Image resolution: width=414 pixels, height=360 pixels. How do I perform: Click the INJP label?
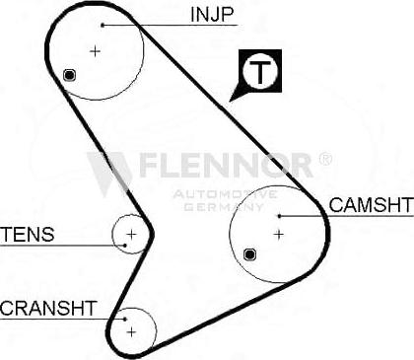coord(211,14)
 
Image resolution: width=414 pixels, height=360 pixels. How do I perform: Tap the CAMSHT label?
coord(370,205)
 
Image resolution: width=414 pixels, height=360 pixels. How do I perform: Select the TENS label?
coord(28,235)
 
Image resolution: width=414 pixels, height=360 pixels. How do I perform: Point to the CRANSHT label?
coord(48,308)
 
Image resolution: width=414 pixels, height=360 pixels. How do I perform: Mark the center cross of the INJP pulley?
coord(95,50)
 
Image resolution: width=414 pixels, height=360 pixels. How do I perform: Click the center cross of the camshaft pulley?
coord(278,234)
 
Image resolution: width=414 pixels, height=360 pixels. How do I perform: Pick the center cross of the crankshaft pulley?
coord(132,332)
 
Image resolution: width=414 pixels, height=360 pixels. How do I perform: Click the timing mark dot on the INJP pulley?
coord(68,75)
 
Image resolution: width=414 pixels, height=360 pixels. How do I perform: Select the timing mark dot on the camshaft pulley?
coord(248,254)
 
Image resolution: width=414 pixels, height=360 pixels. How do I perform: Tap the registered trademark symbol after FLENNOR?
coord(325,159)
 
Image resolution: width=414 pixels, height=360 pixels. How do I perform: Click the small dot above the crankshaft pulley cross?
coord(125,318)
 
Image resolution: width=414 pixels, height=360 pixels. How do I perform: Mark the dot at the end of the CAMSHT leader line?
coord(279,214)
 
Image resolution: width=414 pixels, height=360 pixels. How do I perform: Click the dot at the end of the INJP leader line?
coord(103,24)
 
